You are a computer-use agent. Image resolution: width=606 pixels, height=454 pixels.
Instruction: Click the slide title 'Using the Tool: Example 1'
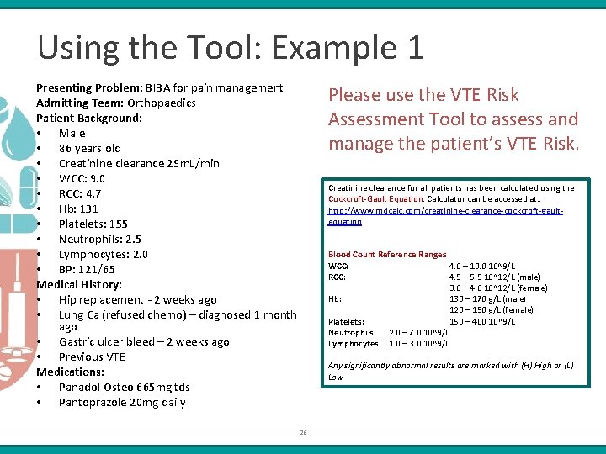pos(231,47)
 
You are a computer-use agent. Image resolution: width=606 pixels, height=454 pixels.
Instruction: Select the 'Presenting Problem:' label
pos(89,87)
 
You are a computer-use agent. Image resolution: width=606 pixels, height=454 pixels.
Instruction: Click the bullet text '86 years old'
pos(90,148)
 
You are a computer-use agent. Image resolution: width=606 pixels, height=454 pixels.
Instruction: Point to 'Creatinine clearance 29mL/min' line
pos(139,163)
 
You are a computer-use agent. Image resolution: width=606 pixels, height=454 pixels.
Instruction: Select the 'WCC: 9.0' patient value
pos(82,178)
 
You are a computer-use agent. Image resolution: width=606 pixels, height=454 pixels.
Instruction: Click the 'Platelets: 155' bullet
pos(93,224)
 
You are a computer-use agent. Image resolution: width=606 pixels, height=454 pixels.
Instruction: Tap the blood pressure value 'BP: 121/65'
pos(87,269)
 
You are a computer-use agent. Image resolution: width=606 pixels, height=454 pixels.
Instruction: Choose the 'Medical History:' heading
pos(79,284)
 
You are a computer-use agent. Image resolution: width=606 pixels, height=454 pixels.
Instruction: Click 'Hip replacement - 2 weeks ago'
pos(137,299)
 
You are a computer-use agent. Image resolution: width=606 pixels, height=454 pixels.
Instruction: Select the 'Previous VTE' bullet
pos(92,356)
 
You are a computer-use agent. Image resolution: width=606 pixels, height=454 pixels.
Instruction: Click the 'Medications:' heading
pos(70,372)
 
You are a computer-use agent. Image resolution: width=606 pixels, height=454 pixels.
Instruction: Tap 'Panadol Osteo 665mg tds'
pos(124,387)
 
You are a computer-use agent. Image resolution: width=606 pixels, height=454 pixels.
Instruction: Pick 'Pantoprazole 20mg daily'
pos(122,402)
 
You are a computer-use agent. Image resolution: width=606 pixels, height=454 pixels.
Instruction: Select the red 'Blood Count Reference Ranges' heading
pos(387,255)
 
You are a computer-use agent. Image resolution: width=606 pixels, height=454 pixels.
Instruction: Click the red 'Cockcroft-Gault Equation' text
pos(375,199)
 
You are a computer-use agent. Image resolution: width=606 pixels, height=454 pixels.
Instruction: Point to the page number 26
pos(303,433)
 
